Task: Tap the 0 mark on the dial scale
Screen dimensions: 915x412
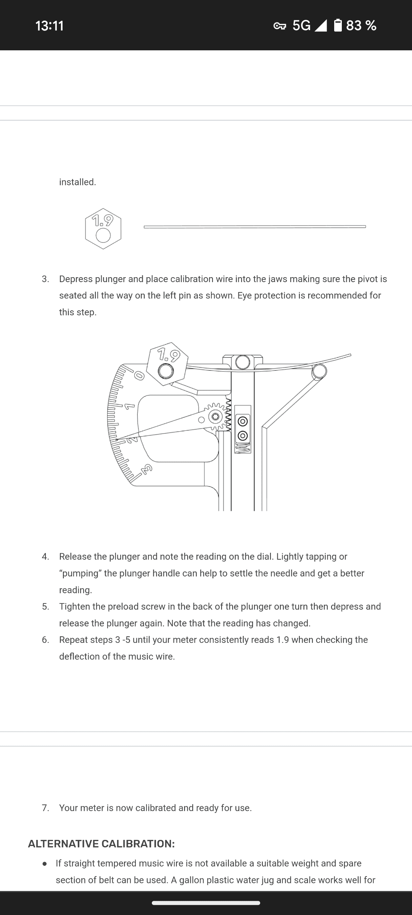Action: [139, 376]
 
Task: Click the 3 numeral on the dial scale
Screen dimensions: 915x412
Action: [147, 469]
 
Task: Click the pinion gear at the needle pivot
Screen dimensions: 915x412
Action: [216, 416]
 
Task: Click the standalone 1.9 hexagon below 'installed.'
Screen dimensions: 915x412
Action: [103, 229]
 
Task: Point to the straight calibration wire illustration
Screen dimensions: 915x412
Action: [255, 227]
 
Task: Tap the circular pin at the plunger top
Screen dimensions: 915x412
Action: [243, 362]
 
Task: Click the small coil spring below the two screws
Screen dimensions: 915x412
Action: [243, 448]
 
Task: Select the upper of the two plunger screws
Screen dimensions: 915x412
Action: [243, 421]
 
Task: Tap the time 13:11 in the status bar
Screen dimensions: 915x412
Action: [50, 26]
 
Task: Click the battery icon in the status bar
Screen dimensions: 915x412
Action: [338, 26]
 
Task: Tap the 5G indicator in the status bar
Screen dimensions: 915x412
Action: [301, 26]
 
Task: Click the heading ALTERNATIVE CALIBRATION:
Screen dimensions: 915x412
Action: [101, 844]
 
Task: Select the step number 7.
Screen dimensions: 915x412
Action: [45, 808]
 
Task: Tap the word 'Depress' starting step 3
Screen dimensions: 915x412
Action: [76, 279]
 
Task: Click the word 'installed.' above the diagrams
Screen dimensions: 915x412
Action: [77, 182]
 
